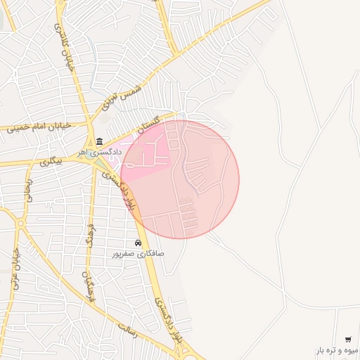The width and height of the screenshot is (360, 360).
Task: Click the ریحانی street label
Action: pos(30,188)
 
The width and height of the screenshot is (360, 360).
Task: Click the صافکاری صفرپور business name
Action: pos(138,252)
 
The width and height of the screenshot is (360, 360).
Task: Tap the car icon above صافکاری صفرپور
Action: pos(138,243)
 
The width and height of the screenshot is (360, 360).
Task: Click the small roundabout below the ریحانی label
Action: pos(20,224)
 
